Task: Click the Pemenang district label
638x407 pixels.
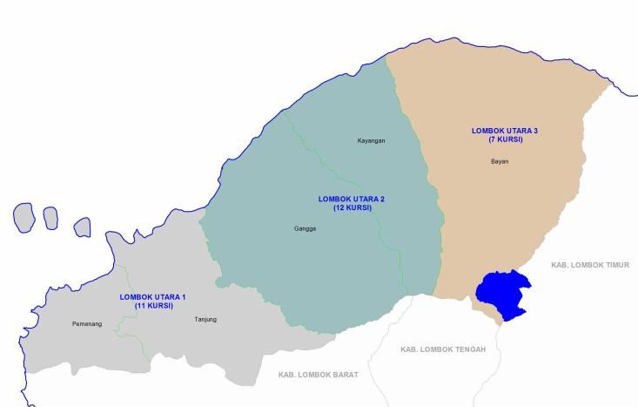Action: (x=87, y=324)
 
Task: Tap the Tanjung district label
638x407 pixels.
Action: (x=205, y=320)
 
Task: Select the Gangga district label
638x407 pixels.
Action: (x=306, y=229)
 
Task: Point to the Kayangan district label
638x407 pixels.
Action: (x=371, y=140)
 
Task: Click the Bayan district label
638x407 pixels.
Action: (x=500, y=161)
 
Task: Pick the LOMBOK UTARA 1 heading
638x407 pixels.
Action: (x=153, y=297)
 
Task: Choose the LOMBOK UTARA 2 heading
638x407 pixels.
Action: (x=352, y=200)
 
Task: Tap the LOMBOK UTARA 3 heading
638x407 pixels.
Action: (x=505, y=131)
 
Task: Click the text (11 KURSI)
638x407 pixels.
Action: (x=153, y=306)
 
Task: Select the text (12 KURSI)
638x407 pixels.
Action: (x=352, y=208)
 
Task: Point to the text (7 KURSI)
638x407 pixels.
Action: (x=505, y=139)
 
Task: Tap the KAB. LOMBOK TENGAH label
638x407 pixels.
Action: (x=443, y=349)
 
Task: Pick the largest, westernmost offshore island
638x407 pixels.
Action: (x=24, y=217)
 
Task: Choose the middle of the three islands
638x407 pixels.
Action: (x=50, y=218)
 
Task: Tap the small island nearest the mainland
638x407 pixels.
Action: (x=82, y=227)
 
